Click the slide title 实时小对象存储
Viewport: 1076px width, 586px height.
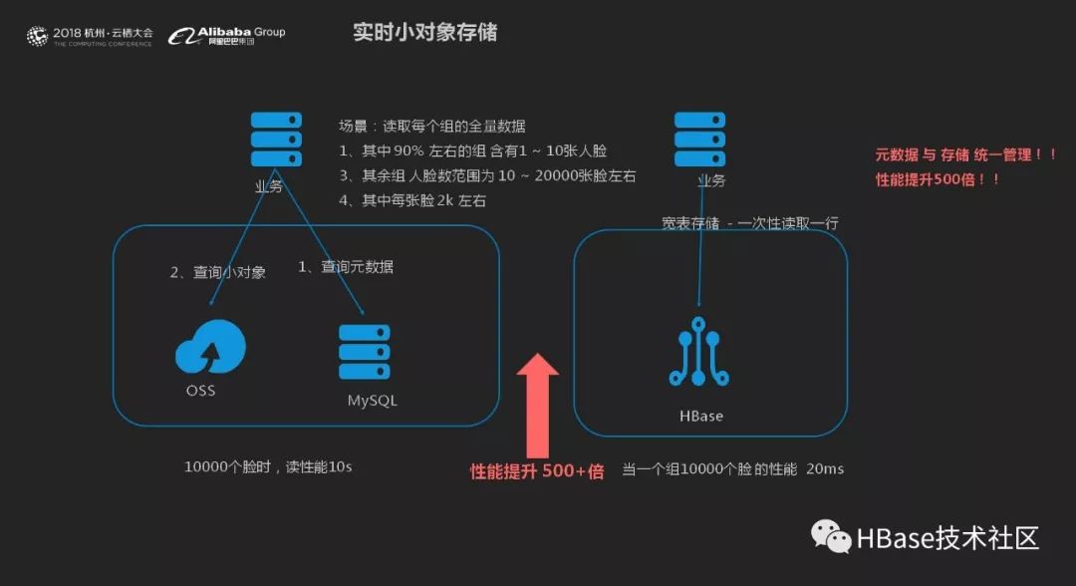coord(424,33)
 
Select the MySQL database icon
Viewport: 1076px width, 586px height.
coord(364,351)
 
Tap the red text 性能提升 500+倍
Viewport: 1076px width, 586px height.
coord(537,471)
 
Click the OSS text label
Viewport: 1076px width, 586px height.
coord(200,390)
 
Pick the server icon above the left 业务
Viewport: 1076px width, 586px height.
coord(276,140)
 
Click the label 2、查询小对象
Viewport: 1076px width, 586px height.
coord(217,272)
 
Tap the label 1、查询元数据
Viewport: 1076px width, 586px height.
coord(346,266)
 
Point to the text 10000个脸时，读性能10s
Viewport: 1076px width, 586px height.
coord(268,466)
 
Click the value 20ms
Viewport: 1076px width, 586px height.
coord(825,467)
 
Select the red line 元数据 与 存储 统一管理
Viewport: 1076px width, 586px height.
coord(965,155)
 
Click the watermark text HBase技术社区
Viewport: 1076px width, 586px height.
coord(947,538)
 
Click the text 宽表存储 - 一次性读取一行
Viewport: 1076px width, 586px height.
coord(749,223)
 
